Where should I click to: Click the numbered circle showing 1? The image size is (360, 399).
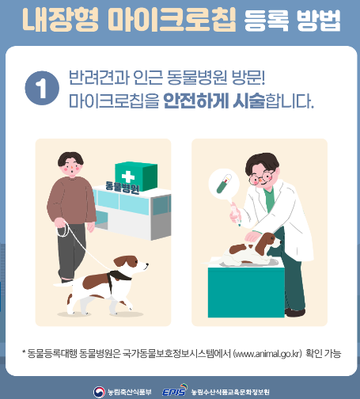(x=36, y=89)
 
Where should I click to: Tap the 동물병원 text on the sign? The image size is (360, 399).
(x=123, y=188)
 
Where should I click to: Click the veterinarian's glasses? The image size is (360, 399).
(x=266, y=173)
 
